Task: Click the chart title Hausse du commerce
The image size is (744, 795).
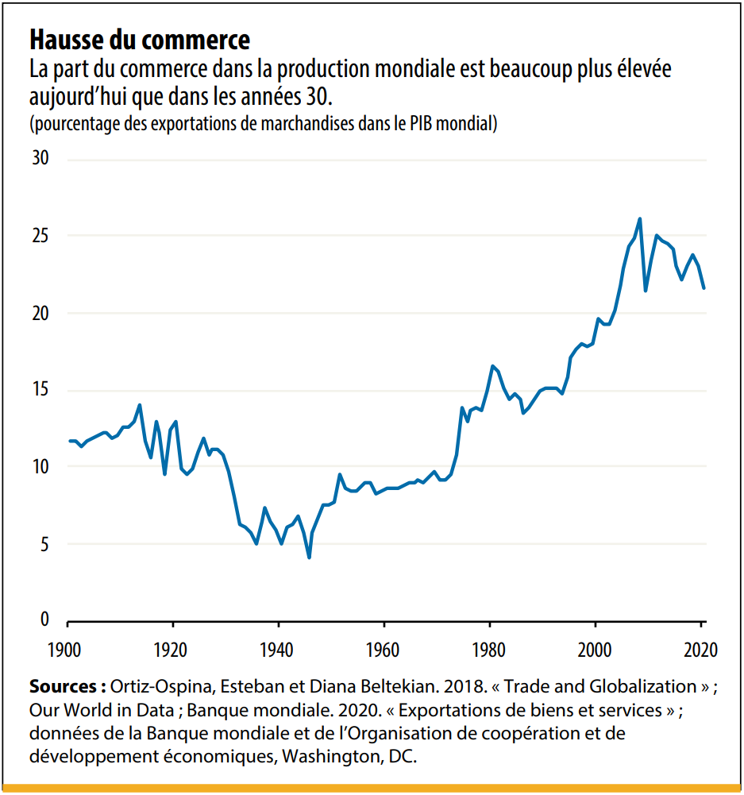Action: (139, 39)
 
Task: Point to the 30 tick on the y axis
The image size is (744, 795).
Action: (39, 159)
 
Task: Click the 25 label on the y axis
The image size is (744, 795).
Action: (39, 236)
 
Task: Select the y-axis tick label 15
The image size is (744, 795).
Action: (39, 390)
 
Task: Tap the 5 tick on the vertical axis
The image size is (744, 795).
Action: (44, 544)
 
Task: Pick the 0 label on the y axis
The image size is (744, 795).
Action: (44, 619)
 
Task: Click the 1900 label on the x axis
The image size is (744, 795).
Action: (67, 648)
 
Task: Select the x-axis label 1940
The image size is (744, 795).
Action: (278, 648)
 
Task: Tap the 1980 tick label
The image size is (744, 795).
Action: (489, 648)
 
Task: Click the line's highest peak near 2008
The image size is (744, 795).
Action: (640, 219)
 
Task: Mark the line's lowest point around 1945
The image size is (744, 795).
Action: (309, 558)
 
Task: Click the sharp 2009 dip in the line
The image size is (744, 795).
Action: (646, 290)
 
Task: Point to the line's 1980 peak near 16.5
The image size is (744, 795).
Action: (492, 366)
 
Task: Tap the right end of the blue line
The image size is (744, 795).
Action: (704, 288)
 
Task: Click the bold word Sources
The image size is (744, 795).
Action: (67, 685)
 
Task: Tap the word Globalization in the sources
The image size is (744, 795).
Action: (638, 685)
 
